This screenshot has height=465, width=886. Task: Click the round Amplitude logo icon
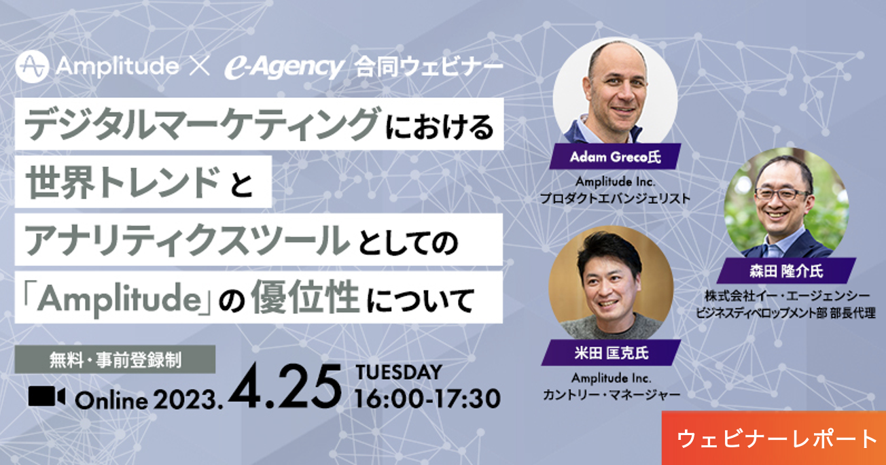(33, 67)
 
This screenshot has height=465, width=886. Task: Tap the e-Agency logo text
(284, 67)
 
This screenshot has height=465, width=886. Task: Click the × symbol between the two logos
(200, 66)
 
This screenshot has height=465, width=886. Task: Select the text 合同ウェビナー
(429, 67)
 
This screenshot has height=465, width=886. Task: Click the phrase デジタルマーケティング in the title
(202, 124)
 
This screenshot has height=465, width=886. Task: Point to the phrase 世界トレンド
(122, 182)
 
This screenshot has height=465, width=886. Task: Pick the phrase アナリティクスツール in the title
(187, 240)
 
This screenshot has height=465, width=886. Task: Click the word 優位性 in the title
(305, 297)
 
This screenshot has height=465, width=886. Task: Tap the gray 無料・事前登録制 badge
(115, 360)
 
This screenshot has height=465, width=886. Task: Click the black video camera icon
(47, 396)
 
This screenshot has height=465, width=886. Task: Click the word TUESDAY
(399, 373)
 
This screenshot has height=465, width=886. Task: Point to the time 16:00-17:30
(428, 398)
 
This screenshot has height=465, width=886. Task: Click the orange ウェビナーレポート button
(774, 438)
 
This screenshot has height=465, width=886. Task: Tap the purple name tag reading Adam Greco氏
(615, 157)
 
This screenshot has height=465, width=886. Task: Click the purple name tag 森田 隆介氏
(786, 271)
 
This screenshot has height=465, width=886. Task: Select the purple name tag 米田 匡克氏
(611, 353)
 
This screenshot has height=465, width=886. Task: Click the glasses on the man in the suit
(781, 194)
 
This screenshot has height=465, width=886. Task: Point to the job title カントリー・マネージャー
(612, 394)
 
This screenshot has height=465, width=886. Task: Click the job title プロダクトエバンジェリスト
(615, 198)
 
